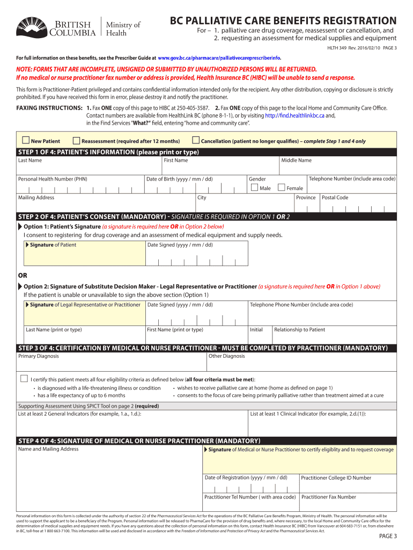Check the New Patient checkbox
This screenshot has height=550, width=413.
click(26, 141)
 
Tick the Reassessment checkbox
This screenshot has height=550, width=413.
click(76, 141)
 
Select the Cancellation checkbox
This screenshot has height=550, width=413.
click(196, 141)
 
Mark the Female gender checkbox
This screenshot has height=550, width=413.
click(281, 187)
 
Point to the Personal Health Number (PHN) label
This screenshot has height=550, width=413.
click(53, 179)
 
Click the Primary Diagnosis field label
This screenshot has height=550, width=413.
click(39, 356)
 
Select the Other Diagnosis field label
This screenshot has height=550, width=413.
click(226, 356)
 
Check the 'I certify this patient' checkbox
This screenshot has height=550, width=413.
click(24, 379)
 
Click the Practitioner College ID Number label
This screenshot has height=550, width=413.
click(336, 477)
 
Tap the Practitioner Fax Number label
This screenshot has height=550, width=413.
click(328, 497)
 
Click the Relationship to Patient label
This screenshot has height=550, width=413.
click(299, 330)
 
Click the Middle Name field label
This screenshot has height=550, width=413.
click(296, 160)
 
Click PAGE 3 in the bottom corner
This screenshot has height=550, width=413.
click(388, 536)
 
